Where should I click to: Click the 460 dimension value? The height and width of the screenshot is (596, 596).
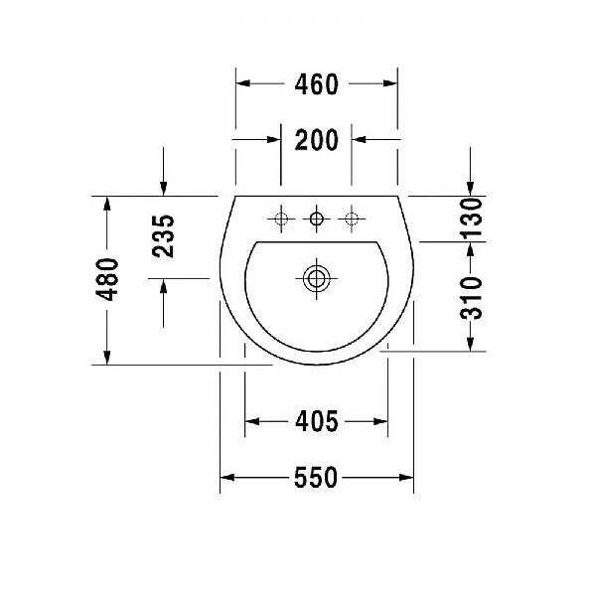tap(317, 84)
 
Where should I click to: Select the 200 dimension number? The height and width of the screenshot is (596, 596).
tap(317, 140)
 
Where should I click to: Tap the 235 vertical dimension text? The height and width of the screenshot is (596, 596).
tap(164, 236)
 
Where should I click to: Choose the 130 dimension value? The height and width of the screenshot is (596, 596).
tap(471, 219)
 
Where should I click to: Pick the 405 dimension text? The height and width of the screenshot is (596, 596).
tap(317, 422)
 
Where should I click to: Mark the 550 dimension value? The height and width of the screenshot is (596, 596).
tap(317, 478)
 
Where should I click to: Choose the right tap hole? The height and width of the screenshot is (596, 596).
tap(351, 218)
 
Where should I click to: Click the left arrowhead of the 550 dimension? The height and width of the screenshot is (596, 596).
tap(226, 478)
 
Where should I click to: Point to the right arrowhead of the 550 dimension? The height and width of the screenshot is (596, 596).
tap(407, 478)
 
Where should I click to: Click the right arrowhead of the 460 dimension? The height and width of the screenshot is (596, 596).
tap(390, 84)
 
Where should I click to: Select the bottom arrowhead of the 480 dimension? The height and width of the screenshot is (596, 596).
tap(107, 358)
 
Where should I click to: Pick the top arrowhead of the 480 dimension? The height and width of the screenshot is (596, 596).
tap(107, 203)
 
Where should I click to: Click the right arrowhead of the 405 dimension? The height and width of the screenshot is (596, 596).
tap(381, 422)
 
